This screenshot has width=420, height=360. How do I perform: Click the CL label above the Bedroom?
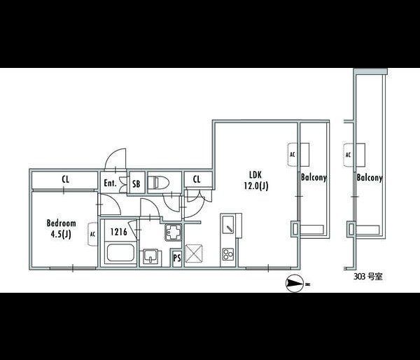click(x=65, y=180)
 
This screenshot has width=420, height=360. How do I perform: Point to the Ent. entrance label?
click(x=110, y=184)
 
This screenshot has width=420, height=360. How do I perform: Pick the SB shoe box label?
click(x=137, y=184)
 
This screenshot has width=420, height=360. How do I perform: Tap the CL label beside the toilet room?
click(x=197, y=180)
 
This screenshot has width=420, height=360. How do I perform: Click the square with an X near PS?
click(x=194, y=252)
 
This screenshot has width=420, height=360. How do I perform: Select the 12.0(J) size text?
click(x=256, y=186)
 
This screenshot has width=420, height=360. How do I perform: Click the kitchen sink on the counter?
click(x=229, y=226)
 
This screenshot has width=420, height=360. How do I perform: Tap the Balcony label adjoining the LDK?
click(x=314, y=178)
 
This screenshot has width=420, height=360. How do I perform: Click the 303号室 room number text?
click(x=369, y=277)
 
